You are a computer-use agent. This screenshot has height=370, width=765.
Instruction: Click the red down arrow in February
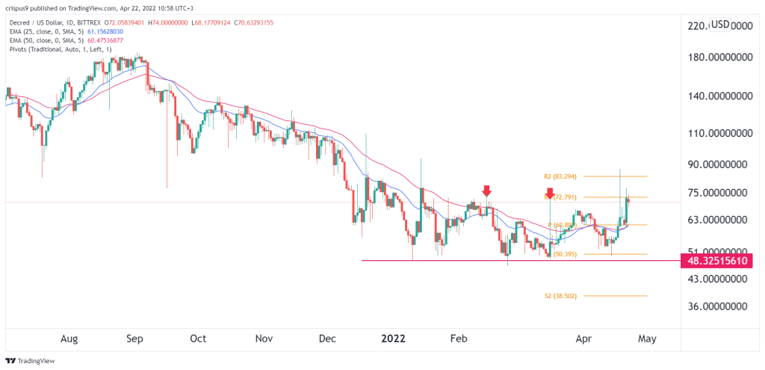click(487, 191)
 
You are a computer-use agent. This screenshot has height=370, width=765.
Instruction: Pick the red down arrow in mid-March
click(550, 194)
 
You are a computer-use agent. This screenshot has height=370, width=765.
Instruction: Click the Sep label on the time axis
click(134, 339)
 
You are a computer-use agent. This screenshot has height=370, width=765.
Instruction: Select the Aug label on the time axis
click(69, 339)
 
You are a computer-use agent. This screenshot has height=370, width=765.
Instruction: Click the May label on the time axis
click(647, 339)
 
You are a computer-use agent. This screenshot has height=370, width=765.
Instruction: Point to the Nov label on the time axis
click(264, 339)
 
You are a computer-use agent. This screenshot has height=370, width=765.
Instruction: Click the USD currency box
click(720, 25)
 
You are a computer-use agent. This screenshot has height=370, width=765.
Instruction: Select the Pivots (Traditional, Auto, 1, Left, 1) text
click(57, 49)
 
